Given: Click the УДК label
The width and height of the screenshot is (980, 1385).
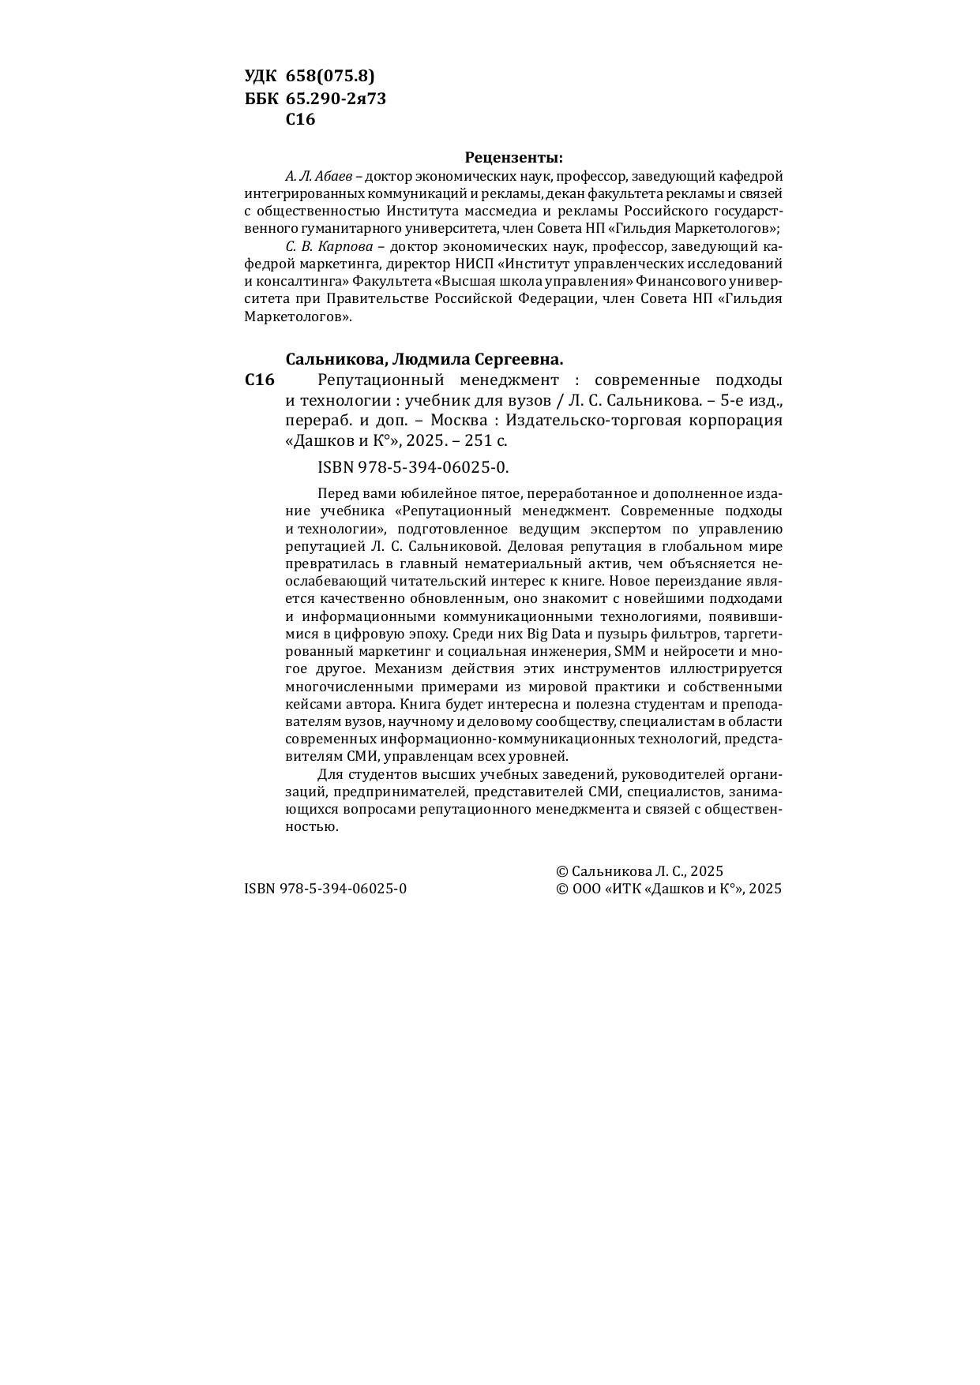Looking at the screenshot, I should [261, 76].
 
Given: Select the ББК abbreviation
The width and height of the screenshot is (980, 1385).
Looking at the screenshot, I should [261, 99].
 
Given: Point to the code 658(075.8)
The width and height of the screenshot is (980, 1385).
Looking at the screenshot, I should [330, 76].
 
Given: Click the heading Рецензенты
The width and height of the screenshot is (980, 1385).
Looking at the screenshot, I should [513, 157].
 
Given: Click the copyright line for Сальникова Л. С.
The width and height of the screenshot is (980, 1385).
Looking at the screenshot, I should [640, 871].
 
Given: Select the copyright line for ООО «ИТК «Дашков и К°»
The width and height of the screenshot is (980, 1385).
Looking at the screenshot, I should [669, 889].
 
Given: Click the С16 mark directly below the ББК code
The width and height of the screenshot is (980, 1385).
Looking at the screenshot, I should [300, 120].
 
